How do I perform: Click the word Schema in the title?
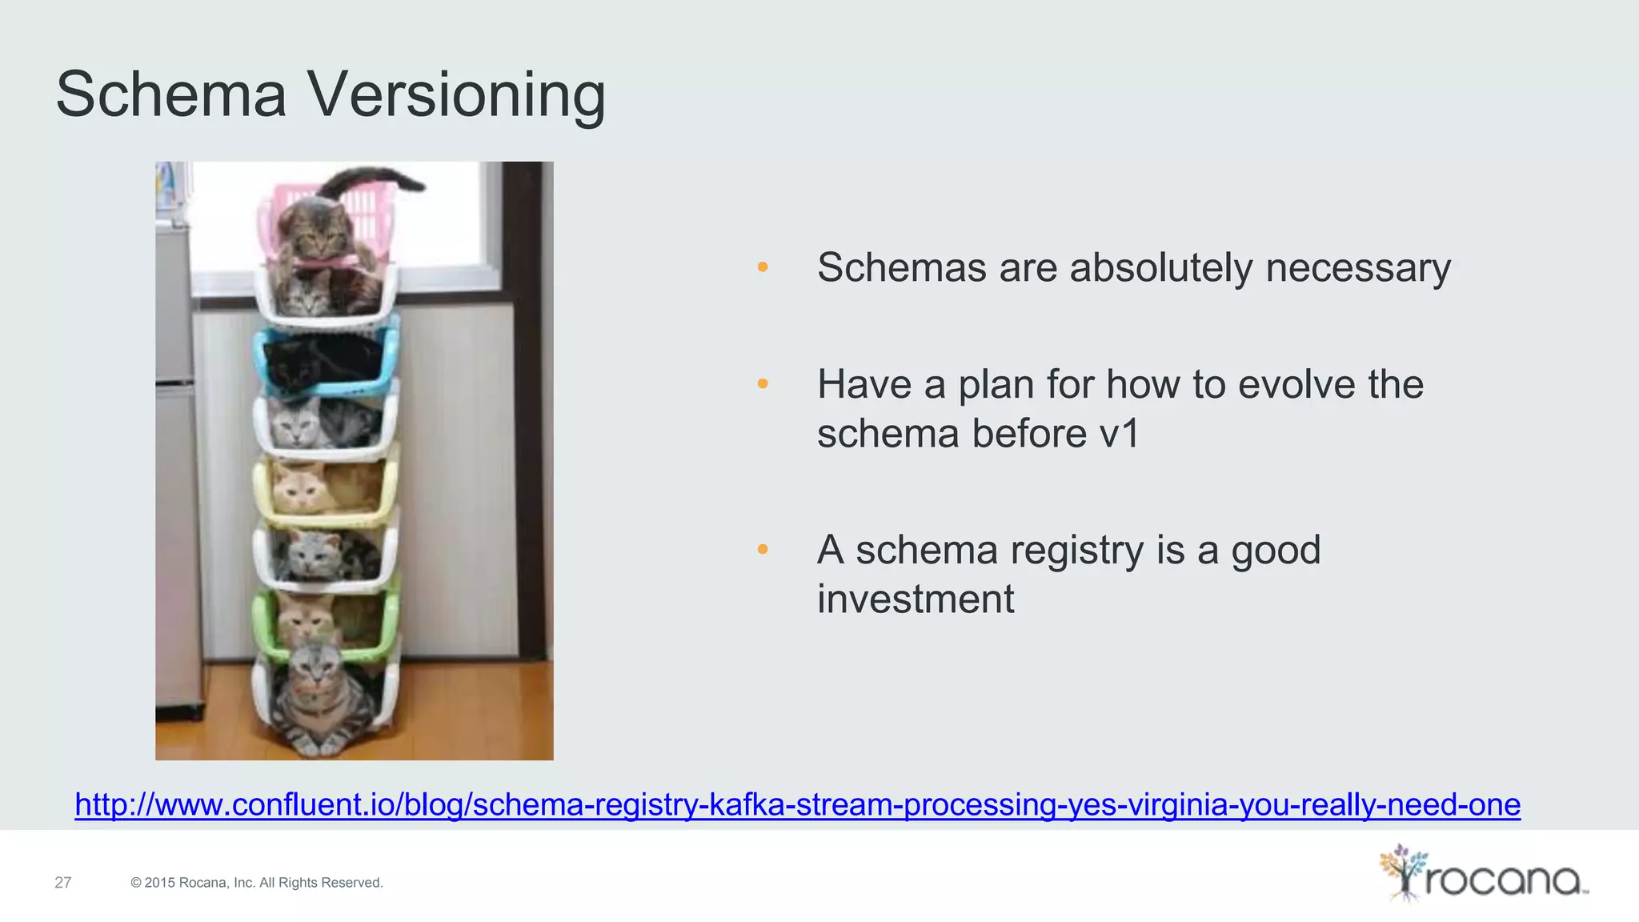click(171, 94)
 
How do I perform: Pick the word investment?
click(916, 599)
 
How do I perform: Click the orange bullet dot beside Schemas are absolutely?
click(763, 267)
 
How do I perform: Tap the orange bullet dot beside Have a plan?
click(763, 384)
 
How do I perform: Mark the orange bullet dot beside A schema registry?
click(763, 549)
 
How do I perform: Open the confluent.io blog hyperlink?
click(797, 804)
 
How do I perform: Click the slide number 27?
click(63, 883)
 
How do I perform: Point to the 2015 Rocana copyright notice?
click(257, 883)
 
